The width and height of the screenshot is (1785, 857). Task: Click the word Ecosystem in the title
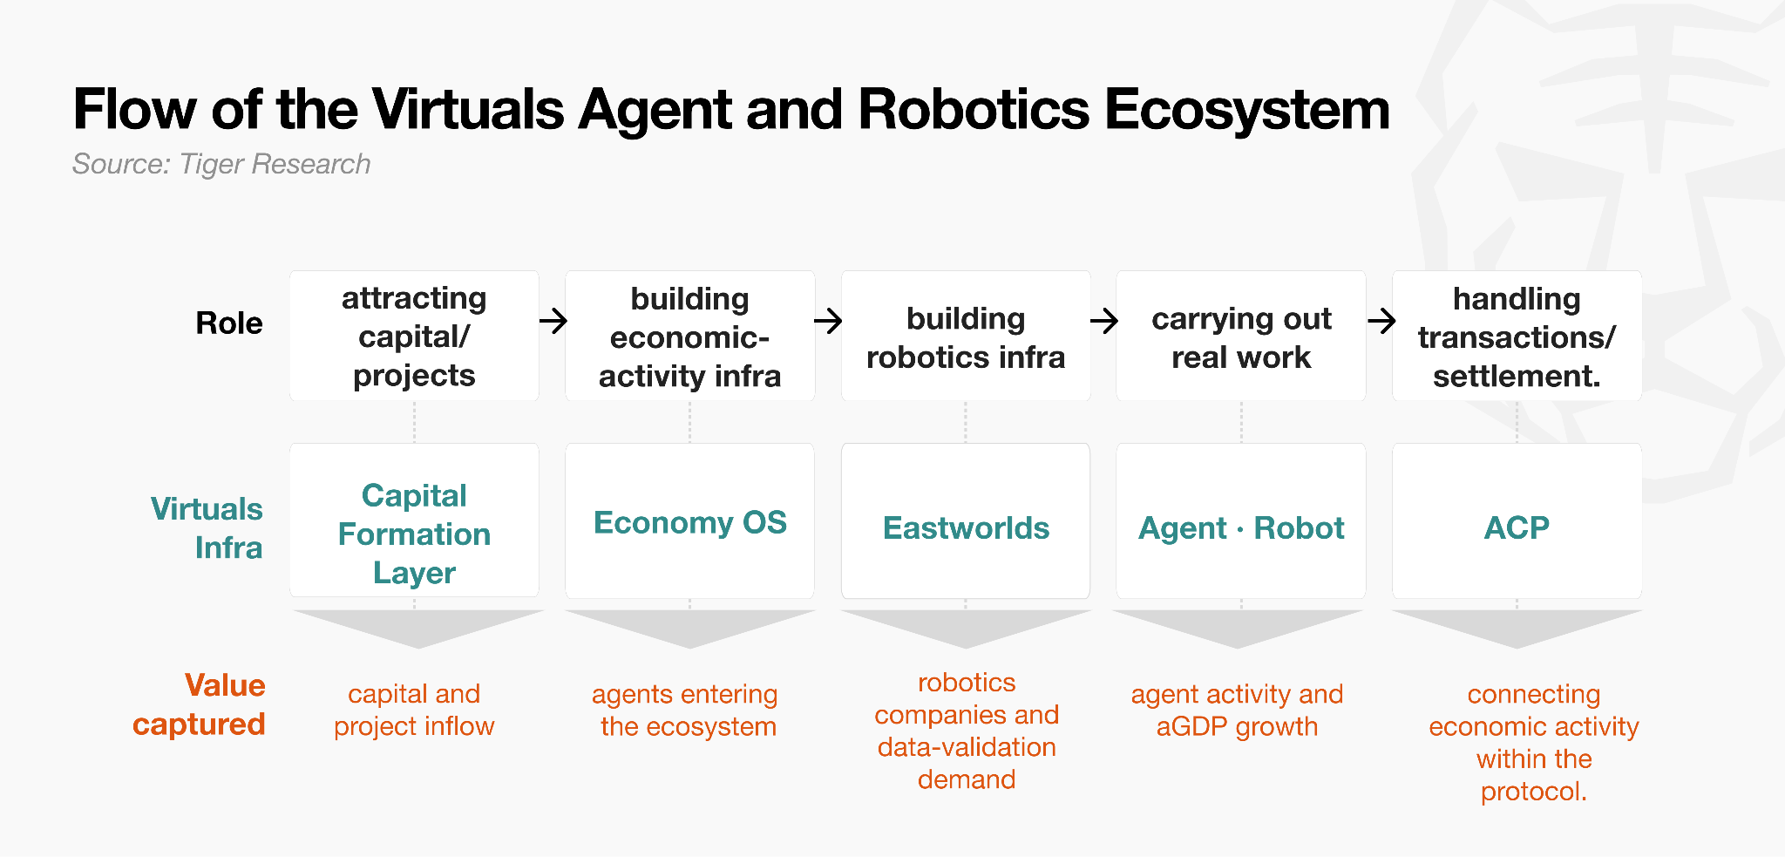click(x=1247, y=111)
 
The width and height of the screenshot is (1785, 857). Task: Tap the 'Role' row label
click(x=229, y=323)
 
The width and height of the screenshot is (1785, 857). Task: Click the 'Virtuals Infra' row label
click(x=207, y=528)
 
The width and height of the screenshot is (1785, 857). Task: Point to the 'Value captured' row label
click(x=199, y=704)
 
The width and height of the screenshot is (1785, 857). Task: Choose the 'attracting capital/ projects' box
click(x=414, y=336)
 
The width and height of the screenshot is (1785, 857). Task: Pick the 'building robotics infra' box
click(x=966, y=336)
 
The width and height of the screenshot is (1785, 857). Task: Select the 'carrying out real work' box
click(x=1241, y=336)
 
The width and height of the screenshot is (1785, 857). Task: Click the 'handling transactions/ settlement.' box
click(x=1517, y=336)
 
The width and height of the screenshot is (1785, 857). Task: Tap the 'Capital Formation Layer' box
click(x=414, y=520)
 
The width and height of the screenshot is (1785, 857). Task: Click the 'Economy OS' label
click(x=690, y=522)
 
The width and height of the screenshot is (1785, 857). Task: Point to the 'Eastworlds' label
click(x=966, y=528)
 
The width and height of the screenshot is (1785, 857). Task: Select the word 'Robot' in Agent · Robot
click(x=1299, y=528)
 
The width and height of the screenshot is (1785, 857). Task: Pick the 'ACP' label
click(x=1517, y=527)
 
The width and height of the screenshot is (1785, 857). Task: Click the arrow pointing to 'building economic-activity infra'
click(x=553, y=321)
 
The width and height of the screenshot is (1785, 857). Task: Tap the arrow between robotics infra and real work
click(x=1104, y=321)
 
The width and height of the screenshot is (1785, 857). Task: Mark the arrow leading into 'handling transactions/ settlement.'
click(x=1381, y=321)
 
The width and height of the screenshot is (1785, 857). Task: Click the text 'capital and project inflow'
click(x=414, y=710)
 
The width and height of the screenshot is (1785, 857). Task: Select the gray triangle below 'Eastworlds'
click(x=966, y=625)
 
